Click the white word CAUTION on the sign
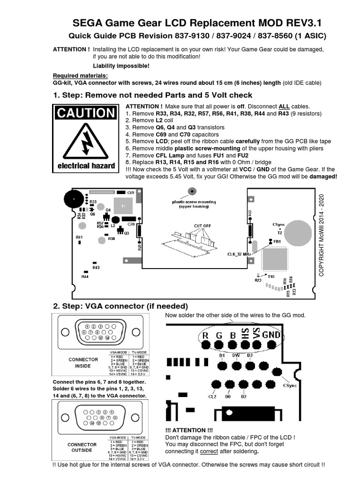click(x=85, y=113)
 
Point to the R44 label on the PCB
click(x=85, y=277)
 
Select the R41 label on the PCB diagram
click(x=79, y=237)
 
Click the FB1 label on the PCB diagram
click(x=277, y=241)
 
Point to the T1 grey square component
click(x=124, y=206)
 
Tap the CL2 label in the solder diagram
click(x=212, y=397)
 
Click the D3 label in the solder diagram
click(x=249, y=355)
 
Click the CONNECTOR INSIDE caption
click(x=83, y=362)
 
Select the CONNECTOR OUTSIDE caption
click(x=82, y=447)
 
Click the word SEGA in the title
click(x=90, y=23)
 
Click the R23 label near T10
click(x=258, y=280)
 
